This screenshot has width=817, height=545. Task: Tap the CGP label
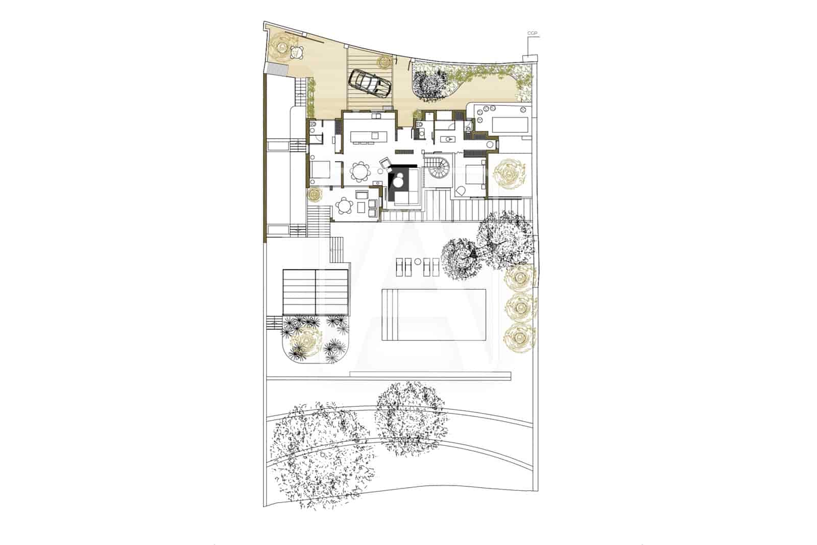tap(533, 34)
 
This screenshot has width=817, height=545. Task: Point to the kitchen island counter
tap(369, 136)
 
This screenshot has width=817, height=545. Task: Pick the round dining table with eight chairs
tap(361, 172)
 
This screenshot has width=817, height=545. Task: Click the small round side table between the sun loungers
tap(417, 262)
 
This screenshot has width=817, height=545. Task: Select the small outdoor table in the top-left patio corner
tap(295, 51)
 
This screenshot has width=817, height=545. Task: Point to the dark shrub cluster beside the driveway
tap(427, 82)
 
